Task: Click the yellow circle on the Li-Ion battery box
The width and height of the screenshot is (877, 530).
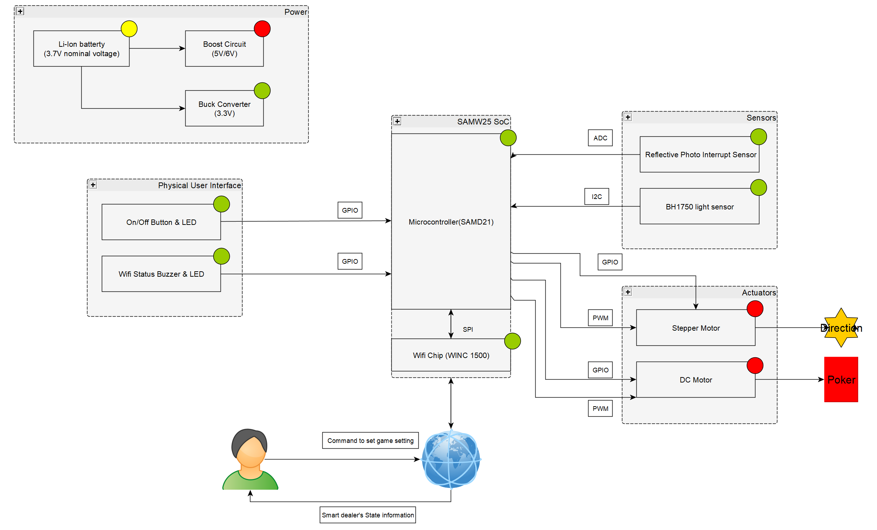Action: (129, 29)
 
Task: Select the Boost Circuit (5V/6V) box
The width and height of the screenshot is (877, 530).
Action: (224, 49)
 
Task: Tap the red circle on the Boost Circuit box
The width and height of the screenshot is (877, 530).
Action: (262, 29)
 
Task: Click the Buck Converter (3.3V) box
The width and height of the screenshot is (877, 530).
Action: (224, 108)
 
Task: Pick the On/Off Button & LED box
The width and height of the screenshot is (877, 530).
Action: (161, 222)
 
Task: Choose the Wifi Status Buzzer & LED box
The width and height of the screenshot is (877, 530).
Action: (161, 274)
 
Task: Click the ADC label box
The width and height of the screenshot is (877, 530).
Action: (600, 138)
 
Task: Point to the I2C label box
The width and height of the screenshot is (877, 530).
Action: (596, 196)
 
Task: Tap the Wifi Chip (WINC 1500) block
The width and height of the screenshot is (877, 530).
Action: (451, 355)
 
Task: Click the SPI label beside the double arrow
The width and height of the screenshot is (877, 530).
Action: (468, 329)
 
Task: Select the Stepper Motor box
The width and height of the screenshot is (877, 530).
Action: (695, 328)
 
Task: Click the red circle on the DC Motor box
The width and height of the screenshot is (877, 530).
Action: (754, 366)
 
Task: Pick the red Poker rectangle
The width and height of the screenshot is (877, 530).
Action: (841, 379)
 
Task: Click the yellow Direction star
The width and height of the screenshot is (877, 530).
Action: (841, 328)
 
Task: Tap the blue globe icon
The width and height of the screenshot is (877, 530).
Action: (451, 459)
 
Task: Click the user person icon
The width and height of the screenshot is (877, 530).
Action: (250, 459)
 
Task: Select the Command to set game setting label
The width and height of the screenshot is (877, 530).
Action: (370, 440)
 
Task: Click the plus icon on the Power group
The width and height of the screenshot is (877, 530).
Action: (20, 12)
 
